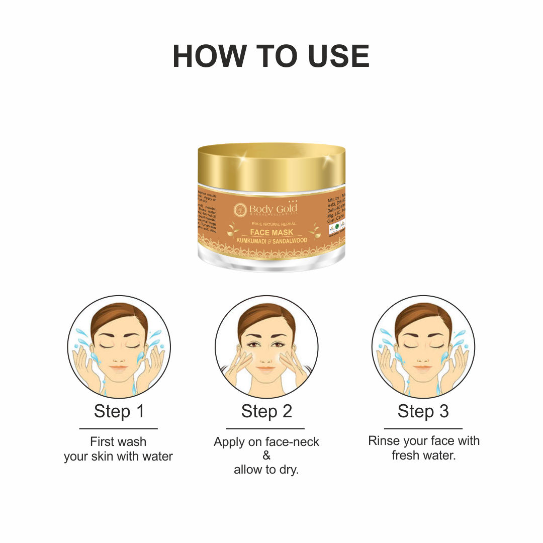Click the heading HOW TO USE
271,56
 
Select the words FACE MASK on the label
271,232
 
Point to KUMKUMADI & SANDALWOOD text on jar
271,240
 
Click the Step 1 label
119,411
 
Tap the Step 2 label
266,411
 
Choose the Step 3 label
423,411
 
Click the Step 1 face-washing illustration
119,347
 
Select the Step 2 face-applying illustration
266,347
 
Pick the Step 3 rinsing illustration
423,347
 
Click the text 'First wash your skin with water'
119,449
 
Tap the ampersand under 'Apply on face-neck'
266,456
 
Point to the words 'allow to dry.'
266,470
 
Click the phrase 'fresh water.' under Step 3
423,456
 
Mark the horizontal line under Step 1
119,429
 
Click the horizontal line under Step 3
423,429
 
